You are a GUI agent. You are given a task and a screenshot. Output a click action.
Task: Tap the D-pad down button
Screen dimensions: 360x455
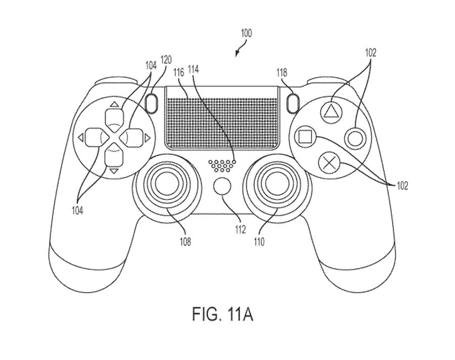tap(114, 157)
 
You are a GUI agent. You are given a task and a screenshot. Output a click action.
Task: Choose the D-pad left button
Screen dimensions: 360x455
tap(94, 137)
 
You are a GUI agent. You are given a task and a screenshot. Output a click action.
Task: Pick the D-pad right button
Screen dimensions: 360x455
tap(133, 137)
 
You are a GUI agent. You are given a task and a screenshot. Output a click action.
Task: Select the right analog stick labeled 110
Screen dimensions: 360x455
tap(275, 187)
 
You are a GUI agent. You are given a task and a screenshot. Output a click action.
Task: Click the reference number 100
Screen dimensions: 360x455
tap(246, 34)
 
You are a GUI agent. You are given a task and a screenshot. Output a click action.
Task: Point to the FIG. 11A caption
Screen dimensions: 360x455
tap(222, 314)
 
